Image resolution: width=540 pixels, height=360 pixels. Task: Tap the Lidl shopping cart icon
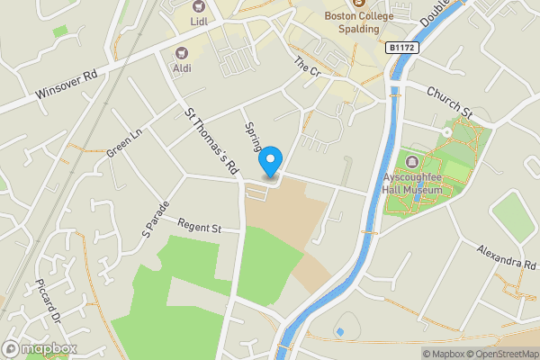point(197,8)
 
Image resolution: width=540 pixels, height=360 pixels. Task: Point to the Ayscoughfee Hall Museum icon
point(412,162)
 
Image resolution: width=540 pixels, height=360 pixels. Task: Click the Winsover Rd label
point(65,88)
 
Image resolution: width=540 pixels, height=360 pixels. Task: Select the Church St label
point(449,103)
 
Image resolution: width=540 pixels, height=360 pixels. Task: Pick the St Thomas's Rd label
point(211,140)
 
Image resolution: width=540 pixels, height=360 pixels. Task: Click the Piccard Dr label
point(48,305)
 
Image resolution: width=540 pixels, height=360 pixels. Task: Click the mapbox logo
point(40,348)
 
